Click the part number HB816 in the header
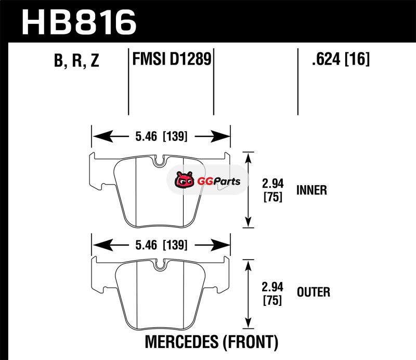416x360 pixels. tap(78, 22)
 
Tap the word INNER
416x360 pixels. tap(311, 190)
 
